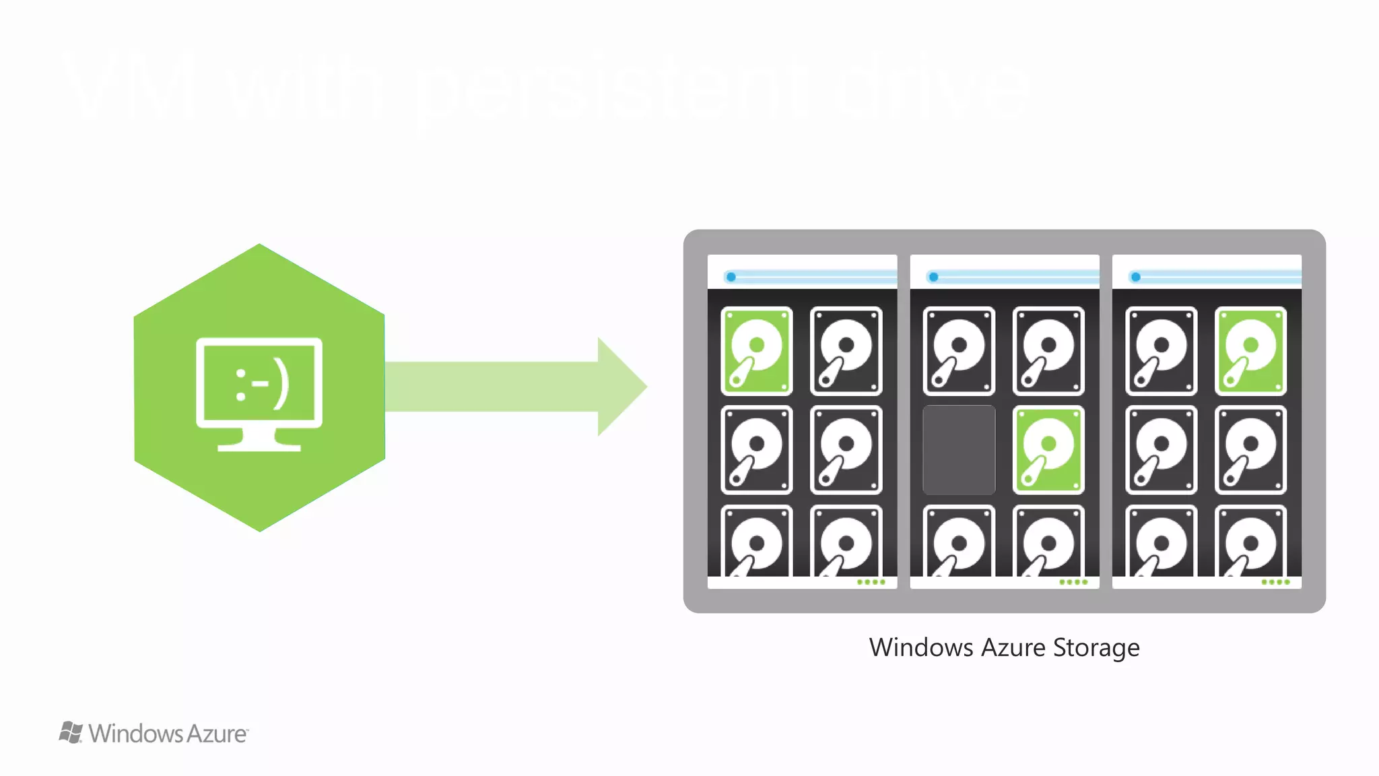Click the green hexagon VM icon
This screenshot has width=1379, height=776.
tap(259, 296)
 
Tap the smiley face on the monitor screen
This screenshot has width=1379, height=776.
tap(261, 386)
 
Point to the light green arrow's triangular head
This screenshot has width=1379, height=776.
tap(620, 387)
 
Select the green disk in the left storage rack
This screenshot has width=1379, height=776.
tap(756, 351)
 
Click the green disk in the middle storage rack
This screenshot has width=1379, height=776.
tap(1048, 450)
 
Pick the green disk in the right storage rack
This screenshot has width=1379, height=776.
tap(1250, 351)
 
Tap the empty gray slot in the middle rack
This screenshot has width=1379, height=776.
tap(959, 450)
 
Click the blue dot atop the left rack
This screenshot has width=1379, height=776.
tap(731, 277)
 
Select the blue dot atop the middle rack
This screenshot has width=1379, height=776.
tap(933, 277)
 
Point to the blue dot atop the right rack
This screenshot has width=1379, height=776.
tap(1135, 277)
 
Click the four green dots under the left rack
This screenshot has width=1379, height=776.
tap(871, 582)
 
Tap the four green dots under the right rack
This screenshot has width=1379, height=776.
tap(1275, 582)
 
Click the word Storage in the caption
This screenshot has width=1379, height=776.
tap(1096, 648)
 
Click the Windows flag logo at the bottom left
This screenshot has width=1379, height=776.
tap(71, 732)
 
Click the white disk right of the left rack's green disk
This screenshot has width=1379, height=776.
tap(846, 351)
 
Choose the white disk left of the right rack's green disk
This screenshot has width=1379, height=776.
tap(1161, 351)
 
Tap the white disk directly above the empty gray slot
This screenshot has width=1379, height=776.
tap(959, 351)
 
